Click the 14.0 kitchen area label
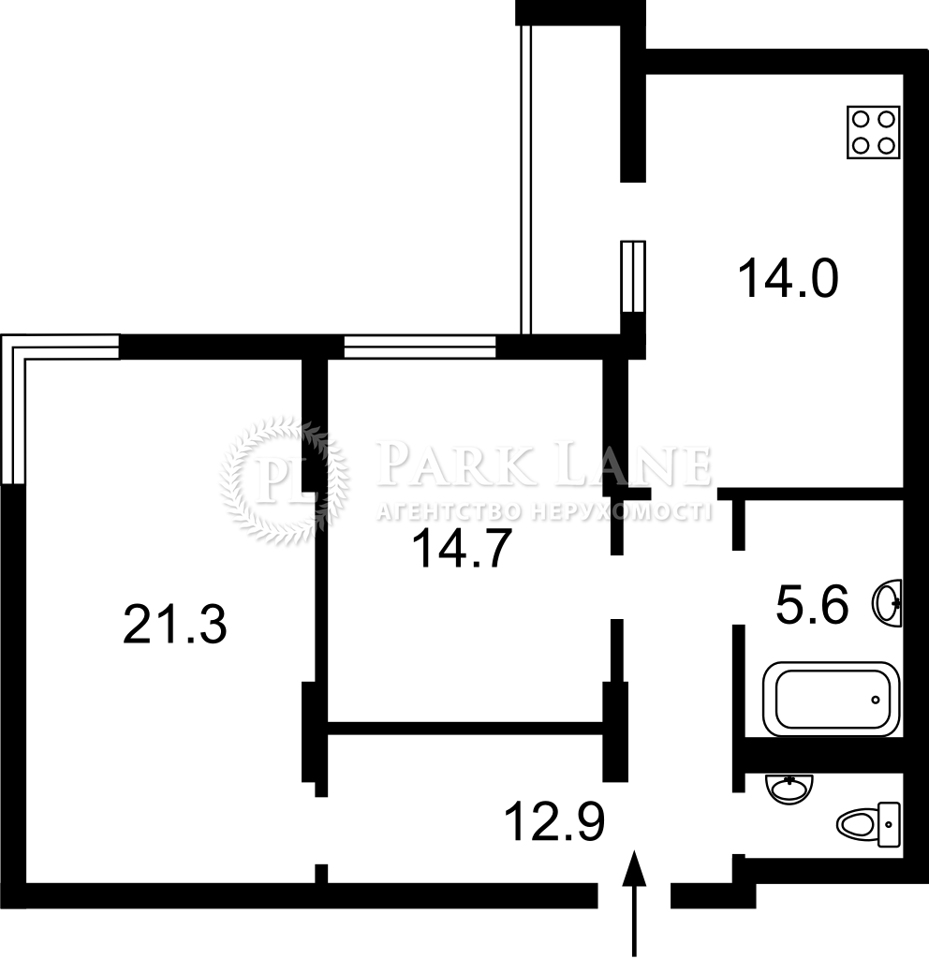pyautogui.click(x=788, y=279)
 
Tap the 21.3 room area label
pyautogui.click(x=175, y=624)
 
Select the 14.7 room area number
pyautogui.click(x=462, y=549)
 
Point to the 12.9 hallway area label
pyautogui.click(x=555, y=822)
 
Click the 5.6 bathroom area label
pyautogui.click(x=812, y=604)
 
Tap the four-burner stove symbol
pyautogui.click(x=874, y=132)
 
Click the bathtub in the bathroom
pyautogui.click(x=833, y=699)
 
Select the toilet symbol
pyautogui.click(x=869, y=824)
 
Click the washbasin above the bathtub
pyautogui.click(x=887, y=602)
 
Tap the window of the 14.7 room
pyautogui.click(x=420, y=347)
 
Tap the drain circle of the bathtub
pyautogui.click(x=876, y=700)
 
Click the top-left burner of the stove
pyautogui.click(x=861, y=119)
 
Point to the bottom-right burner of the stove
pyautogui.click(x=886, y=145)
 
